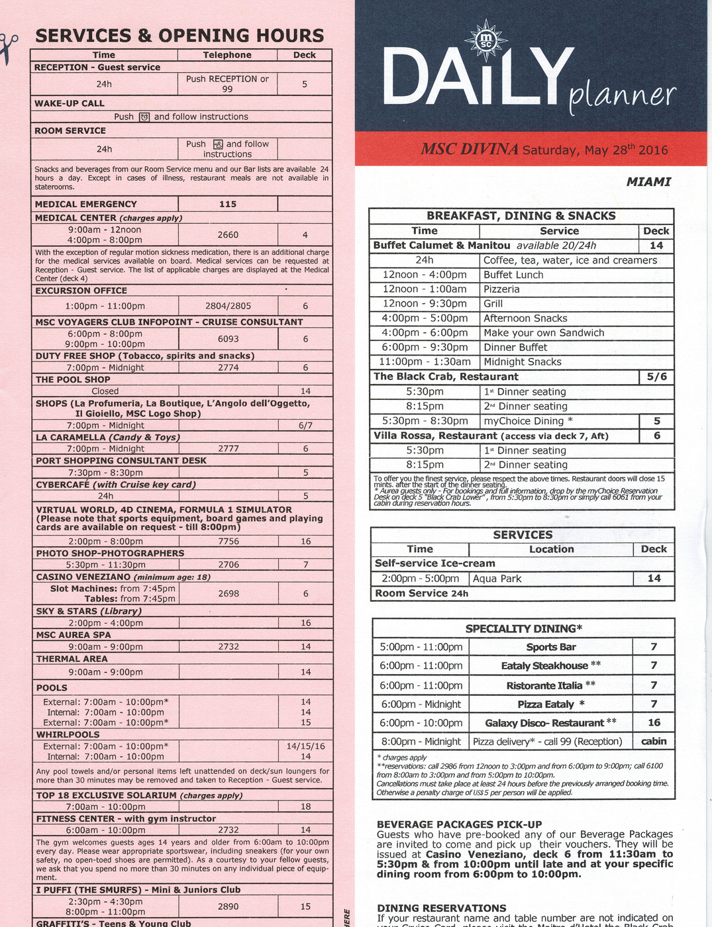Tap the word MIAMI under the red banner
coord(648,181)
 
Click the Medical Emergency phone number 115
coord(227,204)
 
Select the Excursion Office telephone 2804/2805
coord(228,306)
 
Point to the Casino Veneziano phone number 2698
coord(229,593)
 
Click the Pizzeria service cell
coord(501,289)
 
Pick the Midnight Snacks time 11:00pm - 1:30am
coord(425,362)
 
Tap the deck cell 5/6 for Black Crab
coord(656,377)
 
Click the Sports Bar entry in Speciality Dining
coord(551,647)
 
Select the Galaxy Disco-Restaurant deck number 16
coord(654,722)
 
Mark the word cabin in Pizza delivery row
coord(654,741)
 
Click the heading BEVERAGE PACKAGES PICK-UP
coord(459,824)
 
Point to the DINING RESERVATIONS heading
coord(442,908)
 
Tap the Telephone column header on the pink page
coord(227,55)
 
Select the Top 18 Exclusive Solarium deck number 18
coord(305,806)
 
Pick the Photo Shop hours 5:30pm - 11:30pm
coord(106,565)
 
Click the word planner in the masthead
coord(622,97)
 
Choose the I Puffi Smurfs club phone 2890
coord(229,906)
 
